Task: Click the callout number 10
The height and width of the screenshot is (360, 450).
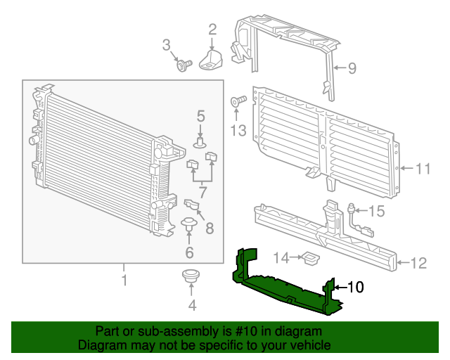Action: tap(356, 287)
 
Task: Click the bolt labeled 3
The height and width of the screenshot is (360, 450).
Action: tap(185, 66)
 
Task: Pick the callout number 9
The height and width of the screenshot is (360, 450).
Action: tap(352, 68)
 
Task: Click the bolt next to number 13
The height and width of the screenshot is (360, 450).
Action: tap(237, 103)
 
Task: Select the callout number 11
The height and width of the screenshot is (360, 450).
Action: tap(422, 169)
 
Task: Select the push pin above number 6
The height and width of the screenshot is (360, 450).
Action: tap(189, 226)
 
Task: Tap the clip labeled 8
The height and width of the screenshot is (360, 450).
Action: tap(191, 205)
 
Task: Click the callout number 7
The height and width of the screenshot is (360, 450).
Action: tap(202, 191)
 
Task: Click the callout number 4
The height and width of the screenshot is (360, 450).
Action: tap(192, 305)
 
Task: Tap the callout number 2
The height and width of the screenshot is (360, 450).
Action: tap(212, 30)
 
